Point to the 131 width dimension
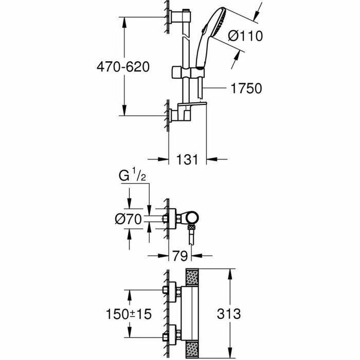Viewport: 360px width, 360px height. (x=188, y=159)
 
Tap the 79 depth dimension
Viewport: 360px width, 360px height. (x=180, y=255)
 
